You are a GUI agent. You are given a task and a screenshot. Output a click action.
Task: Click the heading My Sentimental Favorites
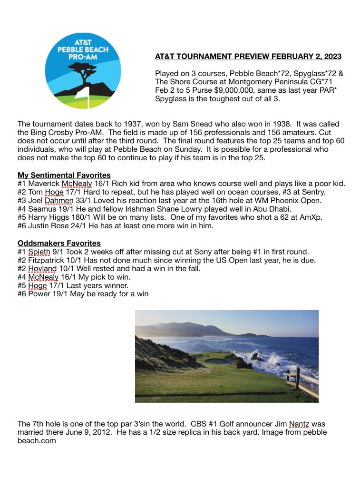(x=64, y=175)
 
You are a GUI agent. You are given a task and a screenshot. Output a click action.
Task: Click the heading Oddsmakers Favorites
(x=59, y=243)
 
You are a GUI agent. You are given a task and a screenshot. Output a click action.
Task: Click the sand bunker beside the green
(x=218, y=360)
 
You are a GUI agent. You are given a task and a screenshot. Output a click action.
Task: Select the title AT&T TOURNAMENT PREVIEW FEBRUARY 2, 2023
(x=248, y=57)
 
